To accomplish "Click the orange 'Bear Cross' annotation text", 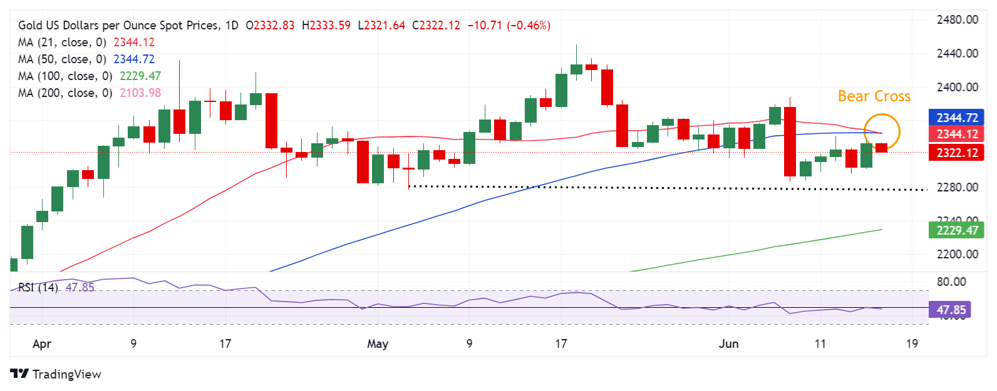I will pos(874,96).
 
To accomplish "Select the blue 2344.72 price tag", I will pos(956,118).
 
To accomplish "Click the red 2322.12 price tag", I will pos(956,153).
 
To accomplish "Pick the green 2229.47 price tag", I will pos(956,230).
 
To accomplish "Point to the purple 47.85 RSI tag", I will pos(951,310).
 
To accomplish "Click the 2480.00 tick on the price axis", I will pos(957,20).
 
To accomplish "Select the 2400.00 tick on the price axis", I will pos(957,87).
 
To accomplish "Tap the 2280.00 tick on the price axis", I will pos(957,187).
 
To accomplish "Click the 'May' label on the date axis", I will pos(378,343).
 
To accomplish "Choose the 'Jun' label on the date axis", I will pos(728,343).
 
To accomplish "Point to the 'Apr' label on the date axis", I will pos(42,343).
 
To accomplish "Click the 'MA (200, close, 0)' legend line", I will pos(65,93).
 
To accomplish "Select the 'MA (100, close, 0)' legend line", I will pos(65,76).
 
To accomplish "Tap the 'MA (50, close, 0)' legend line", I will pos(62,59).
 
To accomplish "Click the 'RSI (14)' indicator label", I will pos(38,287).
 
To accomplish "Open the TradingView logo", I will pos(56,374).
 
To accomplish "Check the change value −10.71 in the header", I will pos(485,26).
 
